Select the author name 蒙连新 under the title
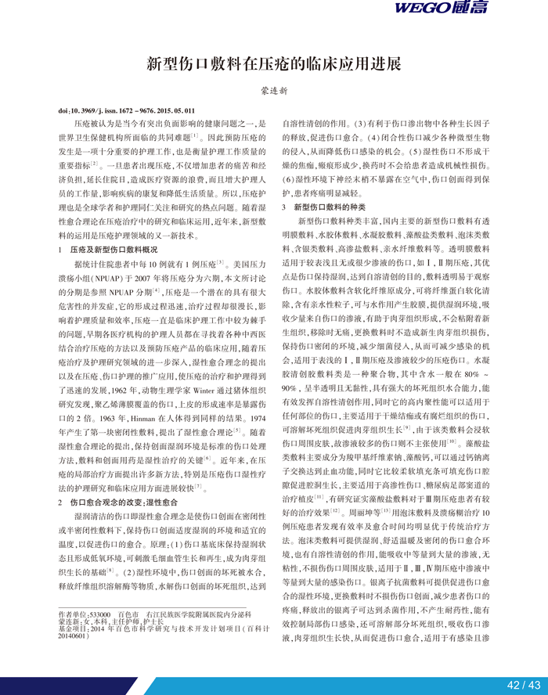[274, 92]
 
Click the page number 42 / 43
[524, 685]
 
